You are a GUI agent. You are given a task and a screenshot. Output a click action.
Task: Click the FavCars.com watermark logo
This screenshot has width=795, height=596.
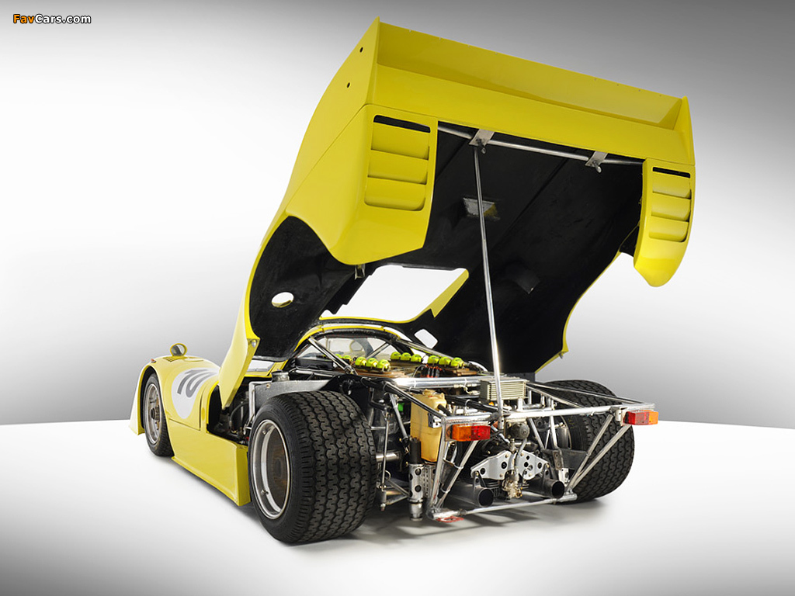click(52, 19)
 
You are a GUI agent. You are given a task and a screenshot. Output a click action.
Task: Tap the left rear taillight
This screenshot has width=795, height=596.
click(470, 432)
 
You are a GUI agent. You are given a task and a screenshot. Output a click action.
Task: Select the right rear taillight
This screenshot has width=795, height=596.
click(641, 417)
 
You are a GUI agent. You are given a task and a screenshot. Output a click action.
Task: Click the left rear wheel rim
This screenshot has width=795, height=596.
click(270, 469)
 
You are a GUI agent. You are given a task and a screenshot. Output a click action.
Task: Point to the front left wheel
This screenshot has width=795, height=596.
click(155, 414)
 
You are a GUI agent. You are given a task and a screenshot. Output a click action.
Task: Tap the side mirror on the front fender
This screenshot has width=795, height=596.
click(178, 350)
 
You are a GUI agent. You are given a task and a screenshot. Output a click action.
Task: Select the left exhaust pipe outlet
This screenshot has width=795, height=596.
click(485, 497)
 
